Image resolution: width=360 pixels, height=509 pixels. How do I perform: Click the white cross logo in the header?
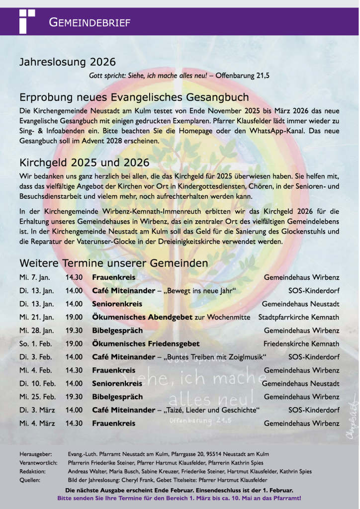click(26, 20)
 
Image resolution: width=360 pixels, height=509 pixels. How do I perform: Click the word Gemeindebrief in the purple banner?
click(90, 22)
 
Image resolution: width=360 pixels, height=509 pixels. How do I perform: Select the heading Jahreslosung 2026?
click(67, 62)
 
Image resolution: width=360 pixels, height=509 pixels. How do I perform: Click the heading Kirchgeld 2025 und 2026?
click(84, 163)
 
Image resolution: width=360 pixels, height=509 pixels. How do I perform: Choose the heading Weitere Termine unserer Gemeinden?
click(113, 262)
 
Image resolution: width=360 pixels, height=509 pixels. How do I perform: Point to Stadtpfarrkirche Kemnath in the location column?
click(299, 317)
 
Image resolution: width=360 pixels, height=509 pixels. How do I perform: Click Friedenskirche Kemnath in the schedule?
click(301, 343)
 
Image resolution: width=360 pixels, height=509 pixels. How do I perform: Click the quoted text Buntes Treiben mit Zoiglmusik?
click(216, 357)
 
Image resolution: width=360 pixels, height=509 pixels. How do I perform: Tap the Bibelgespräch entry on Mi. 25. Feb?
click(117, 397)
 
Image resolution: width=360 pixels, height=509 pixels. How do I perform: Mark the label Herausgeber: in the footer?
click(35, 454)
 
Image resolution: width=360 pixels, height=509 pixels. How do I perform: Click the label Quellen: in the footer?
click(30, 480)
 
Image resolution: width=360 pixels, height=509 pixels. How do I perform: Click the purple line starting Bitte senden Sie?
click(179, 497)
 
